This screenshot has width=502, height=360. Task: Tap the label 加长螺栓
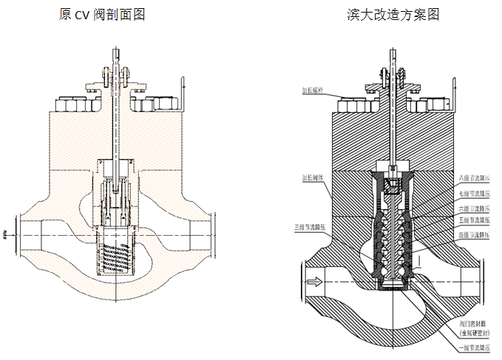pos(312,92)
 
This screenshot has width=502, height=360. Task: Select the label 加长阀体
pos(313,178)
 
